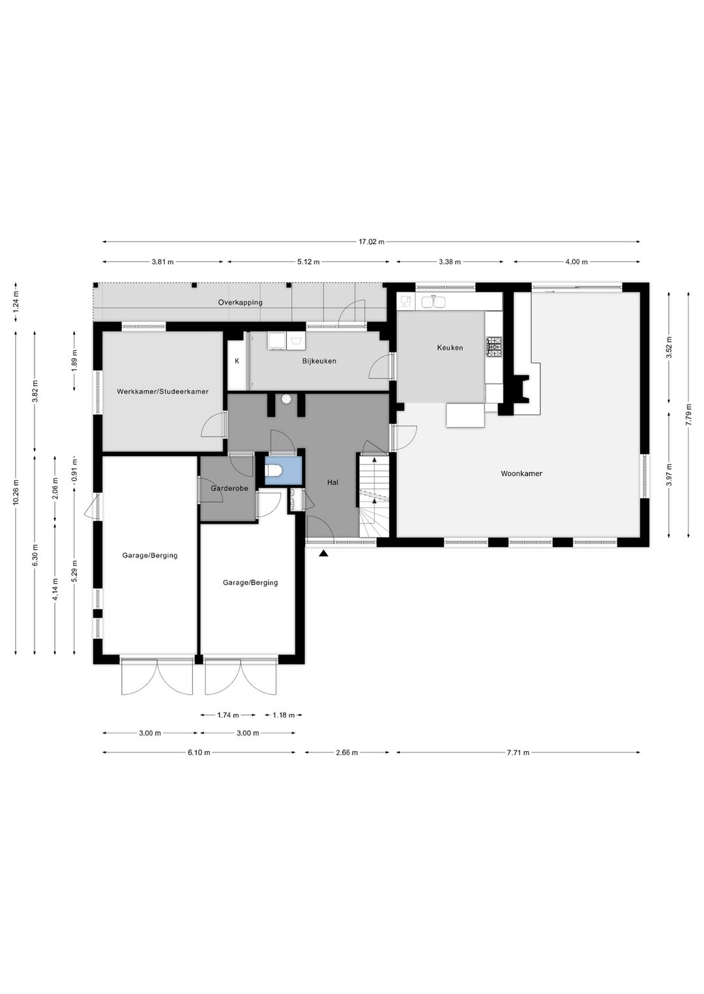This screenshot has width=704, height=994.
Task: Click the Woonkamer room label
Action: [521, 474]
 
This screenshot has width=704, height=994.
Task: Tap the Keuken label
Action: [450, 348]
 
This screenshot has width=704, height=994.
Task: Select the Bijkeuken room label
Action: [319, 361]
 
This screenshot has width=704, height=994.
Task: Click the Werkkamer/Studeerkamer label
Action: [162, 391]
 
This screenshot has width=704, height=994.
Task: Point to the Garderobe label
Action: [229, 488]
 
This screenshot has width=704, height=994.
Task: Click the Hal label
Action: [332, 483]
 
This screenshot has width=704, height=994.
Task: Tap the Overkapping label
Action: [240, 302]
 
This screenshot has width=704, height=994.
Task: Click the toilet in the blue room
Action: [274, 470]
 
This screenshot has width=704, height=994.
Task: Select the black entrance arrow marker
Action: [323, 554]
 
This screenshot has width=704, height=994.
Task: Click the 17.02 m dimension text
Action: [371, 242]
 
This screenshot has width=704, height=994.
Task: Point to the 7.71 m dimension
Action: [518, 752]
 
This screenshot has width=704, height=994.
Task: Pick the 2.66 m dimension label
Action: [346, 752]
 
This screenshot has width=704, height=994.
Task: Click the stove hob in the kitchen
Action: [494, 347]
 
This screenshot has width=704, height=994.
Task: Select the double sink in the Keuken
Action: [433, 302]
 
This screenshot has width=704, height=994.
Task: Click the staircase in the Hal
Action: [374, 495]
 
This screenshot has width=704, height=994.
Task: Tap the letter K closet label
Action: [237, 361]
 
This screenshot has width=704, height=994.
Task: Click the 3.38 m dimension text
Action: [449, 262]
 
